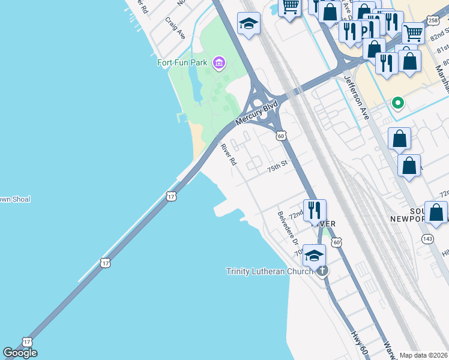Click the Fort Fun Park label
tap(181, 62)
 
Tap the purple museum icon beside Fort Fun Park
tap(219, 62)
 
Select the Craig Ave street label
tap(175, 28)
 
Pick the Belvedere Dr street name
tap(288, 227)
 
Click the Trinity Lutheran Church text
tap(270, 271)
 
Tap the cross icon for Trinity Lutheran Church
tap(322, 271)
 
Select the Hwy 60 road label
tap(358, 342)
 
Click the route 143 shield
tap(428, 239)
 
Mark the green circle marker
tap(397, 103)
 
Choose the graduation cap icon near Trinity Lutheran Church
tap(314, 256)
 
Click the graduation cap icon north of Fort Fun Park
tap(249, 23)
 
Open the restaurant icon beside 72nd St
tap(315, 210)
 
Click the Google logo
tap(20, 353)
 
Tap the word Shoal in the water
tap(20, 199)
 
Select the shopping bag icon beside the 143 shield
tap(436, 212)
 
